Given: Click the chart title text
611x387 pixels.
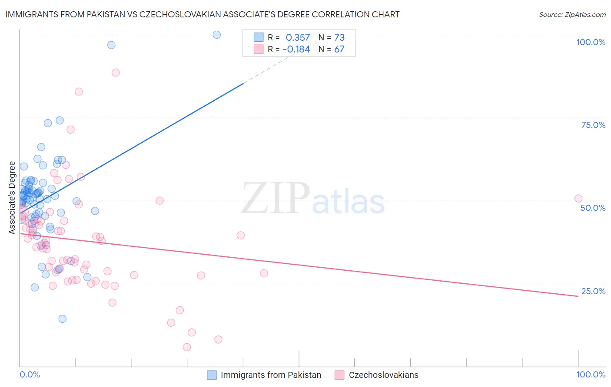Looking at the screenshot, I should coord(203,14).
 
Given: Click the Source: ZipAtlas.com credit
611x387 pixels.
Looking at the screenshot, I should coord(572,14).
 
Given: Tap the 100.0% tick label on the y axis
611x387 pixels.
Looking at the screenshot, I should coord(591,42).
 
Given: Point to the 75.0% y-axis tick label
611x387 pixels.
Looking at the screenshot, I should coord(593,125).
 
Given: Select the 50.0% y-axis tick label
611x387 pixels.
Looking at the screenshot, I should coord(593,208).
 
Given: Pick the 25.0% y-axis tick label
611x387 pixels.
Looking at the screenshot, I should coord(593,291).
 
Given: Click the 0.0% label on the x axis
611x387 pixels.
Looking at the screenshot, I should coord(30,374).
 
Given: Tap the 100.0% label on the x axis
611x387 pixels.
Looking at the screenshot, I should coord(591,374).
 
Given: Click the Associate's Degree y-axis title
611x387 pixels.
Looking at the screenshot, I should coord(12,198).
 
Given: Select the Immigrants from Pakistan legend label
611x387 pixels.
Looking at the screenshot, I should coord(271,375).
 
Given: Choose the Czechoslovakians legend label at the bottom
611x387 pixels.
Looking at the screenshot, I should coord(383,375).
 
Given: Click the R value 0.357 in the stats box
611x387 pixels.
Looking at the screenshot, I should coord(298,38).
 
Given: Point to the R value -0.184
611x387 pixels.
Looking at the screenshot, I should coord(296,49).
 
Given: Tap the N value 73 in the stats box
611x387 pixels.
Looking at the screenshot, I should coord(339,38).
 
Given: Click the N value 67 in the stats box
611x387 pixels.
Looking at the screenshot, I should coord(339,49).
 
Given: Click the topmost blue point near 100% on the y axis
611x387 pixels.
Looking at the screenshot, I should coord(217,35).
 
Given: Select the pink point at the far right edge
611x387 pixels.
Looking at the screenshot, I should coord(578,199).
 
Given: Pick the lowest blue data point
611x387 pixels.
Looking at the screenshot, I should coord(63,319).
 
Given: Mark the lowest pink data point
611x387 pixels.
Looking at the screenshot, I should coord(187,347).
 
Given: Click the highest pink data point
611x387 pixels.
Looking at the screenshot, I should coord(116,72).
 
